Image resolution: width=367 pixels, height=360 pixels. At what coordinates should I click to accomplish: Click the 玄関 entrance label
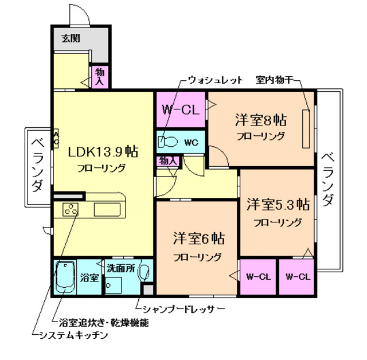71,39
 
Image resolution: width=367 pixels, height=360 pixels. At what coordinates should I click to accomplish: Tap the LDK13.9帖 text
102,152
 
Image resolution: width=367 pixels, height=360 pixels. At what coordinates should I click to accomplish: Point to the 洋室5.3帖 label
278,205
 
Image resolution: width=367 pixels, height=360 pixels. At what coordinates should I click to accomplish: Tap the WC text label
191,142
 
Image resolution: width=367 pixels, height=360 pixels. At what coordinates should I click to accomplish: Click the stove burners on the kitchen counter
72,210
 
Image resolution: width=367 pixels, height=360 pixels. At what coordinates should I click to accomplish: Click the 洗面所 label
120,268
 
